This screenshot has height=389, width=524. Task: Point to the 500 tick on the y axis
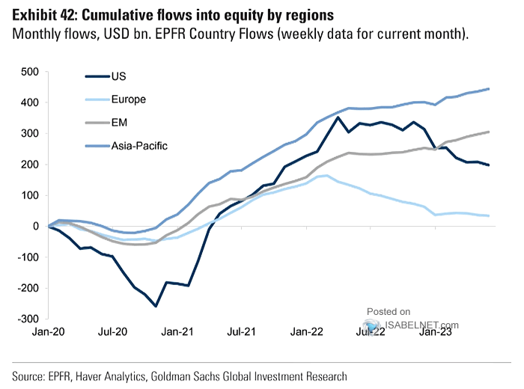[x=29, y=72]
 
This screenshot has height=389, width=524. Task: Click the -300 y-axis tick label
[x=28, y=319]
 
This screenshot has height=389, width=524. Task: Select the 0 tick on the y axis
[x=34, y=226]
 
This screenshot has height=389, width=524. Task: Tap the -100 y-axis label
[x=28, y=257]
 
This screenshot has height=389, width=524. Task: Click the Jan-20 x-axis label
[x=49, y=333]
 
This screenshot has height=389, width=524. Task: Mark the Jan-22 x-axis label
[x=306, y=333]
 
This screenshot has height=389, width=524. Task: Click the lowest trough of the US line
[x=156, y=306]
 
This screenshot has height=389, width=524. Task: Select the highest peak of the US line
[x=338, y=117]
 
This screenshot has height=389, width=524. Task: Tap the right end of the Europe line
[x=490, y=215]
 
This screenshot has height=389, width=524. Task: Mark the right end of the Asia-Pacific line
[x=490, y=89]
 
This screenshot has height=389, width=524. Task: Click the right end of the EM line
[x=490, y=132]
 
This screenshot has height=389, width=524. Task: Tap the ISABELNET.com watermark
[x=412, y=325]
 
